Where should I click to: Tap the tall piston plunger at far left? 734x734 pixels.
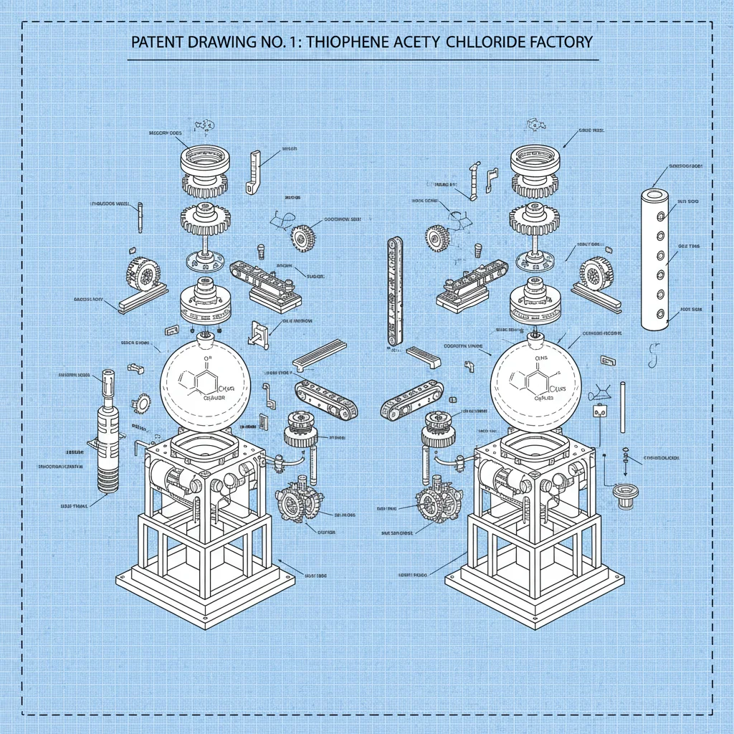108,430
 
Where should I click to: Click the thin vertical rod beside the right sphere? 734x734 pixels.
623,409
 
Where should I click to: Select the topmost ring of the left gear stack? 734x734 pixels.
204,158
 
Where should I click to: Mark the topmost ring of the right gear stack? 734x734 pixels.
535,158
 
